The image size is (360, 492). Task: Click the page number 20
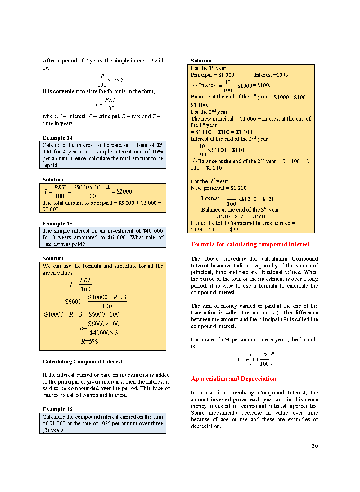315,446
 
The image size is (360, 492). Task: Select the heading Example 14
57,138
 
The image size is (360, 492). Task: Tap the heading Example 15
57,224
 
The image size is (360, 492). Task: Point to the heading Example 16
57,409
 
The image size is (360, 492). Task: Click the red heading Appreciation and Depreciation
233,379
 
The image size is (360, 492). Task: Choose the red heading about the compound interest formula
250,244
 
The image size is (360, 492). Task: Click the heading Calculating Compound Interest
82,362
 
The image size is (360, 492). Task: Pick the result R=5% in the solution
89,341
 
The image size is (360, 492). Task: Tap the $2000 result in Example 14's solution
124,191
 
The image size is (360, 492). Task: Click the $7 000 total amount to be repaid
51,209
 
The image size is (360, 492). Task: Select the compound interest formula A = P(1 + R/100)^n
254,359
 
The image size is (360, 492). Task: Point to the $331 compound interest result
236,230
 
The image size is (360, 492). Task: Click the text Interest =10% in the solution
271,75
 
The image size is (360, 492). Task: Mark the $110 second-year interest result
238,150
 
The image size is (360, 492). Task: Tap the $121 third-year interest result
268,199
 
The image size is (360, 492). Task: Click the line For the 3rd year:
209,181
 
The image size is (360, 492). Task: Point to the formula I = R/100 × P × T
106,80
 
